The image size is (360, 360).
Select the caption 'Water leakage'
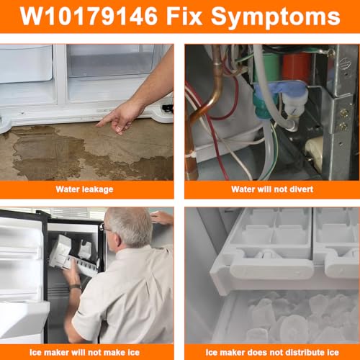[x=86, y=189]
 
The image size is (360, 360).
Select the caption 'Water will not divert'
[x=271, y=189]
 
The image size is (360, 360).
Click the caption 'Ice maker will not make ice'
[x=86, y=352]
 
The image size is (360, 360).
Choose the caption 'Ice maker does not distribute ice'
[x=271, y=352]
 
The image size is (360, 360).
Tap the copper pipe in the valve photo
[x=199, y=108]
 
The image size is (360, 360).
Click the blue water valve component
[x=284, y=94]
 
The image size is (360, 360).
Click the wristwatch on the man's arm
[x=75, y=287]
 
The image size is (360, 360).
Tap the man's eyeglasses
[x=107, y=229]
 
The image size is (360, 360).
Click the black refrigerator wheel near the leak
[x=168, y=109]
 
